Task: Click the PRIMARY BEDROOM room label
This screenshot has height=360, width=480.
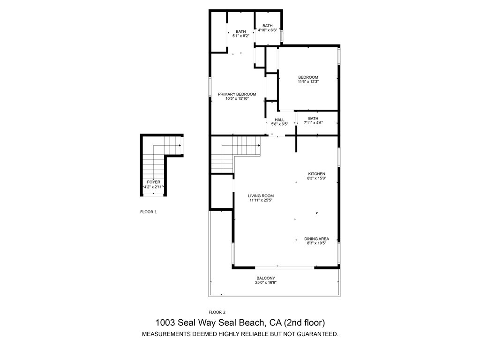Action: pos(237,94)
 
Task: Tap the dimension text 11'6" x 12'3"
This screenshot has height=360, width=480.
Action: pos(308,82)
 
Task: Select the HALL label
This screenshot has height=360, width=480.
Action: pos(279,120)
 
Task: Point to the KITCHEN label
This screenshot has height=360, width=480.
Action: pos(316,174)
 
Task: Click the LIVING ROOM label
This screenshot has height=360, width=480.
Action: pos(261,196)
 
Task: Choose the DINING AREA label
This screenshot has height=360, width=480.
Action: pos(316,239)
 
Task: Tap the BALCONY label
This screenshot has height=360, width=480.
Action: pos(265,278)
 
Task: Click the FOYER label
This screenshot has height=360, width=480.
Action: pos(153,182)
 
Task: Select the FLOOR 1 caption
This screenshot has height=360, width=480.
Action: pos(149,212)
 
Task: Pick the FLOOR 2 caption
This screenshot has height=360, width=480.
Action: pos(217,312)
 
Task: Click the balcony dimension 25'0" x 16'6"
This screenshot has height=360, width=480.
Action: pos(265,283)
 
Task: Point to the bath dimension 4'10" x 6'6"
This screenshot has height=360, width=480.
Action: pos(268,30)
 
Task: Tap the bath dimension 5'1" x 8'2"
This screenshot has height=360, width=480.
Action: pos(240,36)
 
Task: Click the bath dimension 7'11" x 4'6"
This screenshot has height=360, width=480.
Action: pos(313,123)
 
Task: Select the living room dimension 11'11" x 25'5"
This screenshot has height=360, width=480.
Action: pos(261,201)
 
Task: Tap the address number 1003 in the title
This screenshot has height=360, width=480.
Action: pos(165,322)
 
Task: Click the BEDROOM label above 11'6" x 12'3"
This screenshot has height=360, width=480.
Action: pos(308,77)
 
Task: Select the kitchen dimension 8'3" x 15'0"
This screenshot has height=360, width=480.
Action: pos(316,178)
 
